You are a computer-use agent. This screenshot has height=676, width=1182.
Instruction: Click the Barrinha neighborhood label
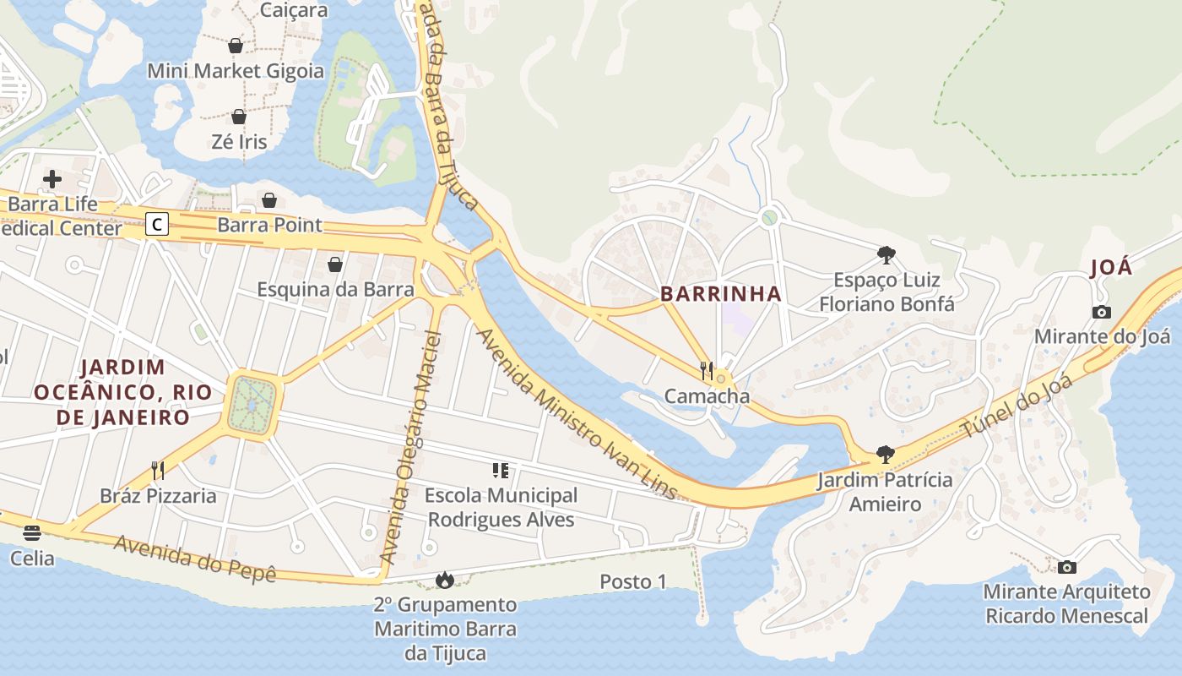pyautogui.click(x=720, y=294)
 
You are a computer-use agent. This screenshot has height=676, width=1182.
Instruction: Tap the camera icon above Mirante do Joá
pyautogui.click(x=1101, y=312)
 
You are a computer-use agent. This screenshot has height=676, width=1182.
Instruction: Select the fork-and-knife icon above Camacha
pyautogui.click(x=707, y=370)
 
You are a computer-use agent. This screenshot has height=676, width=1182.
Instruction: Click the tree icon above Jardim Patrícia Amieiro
pyautogui.click(x=885, y=455)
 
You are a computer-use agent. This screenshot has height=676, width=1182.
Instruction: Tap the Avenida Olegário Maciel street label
pyautogui.click(x=411, y=448)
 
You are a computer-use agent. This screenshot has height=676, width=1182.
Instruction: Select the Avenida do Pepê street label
pyautogui.click(x=195, y=558)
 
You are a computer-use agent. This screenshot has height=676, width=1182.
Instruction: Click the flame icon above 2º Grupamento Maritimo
pyautogui.click(x=444, y=580)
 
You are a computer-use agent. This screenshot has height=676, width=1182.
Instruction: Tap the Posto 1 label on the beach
pyautogui.click(x=633, y=581)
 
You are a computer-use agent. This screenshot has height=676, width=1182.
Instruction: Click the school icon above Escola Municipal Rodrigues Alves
pyautogui.click(x=501, y=470)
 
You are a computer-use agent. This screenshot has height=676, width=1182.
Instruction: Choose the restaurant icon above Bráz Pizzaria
pyautogui.click(x=158, y=470)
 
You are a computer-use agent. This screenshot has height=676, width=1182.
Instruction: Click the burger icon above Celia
pyautogui.click(x=32, y=532)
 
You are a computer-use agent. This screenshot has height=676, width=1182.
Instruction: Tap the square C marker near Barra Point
pyautogui.click(x=157, y=224)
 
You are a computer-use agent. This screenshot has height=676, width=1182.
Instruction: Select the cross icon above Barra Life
pyautogui.click(x=52, y=178)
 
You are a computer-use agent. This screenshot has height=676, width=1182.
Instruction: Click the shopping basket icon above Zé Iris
pyautogui.click(x=239, y=117)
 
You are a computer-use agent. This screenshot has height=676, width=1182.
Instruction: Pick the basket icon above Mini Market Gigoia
pyautogui.click(x=236, y=46)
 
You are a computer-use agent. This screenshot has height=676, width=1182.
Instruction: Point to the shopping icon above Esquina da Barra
pyautogui.click(x=335, y=264)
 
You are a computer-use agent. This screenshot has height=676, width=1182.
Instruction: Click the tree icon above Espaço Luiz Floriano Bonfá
pyautogui.click(x=886, y=254)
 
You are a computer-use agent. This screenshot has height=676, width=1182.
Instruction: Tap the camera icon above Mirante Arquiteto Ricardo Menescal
pyautogui.click(x=1067, y=567)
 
